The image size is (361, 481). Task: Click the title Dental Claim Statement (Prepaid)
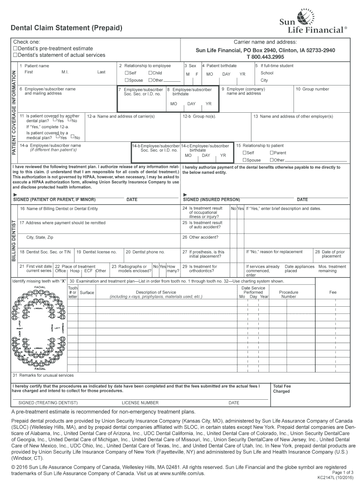coord(67,29)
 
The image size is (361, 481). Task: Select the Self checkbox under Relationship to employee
coord(127,73)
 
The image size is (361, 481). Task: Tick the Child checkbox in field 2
coord(150,73)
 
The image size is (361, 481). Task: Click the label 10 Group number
coord(312,89)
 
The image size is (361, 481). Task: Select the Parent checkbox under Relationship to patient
coord(271,153)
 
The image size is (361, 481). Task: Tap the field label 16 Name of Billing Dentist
coord(59,208)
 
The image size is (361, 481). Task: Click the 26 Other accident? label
coord(200,237)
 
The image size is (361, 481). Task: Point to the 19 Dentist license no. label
coord(97,252)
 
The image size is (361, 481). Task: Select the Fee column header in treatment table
coord(333,292)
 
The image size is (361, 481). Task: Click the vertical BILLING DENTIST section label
coord(14,240)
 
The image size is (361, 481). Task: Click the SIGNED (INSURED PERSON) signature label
coord(211,200)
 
